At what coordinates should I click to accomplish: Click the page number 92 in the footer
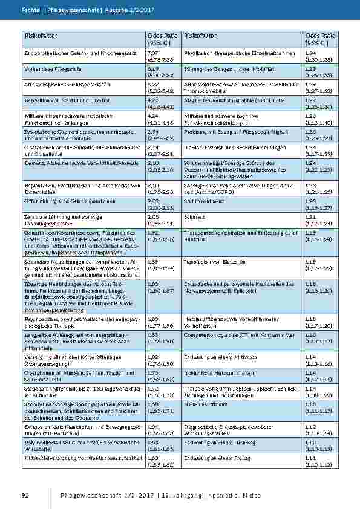pyautogui.click(x=25, y=496)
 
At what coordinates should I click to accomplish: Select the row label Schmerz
pyautogui.click(x=194, y=216)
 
